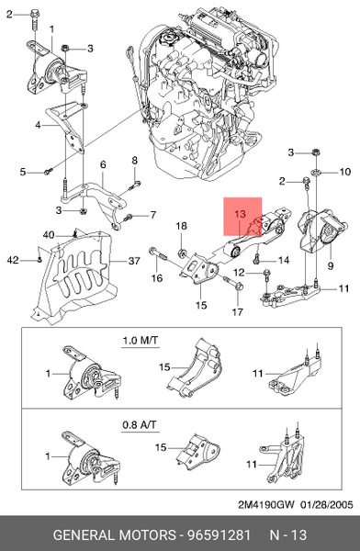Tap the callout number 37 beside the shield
[x=134, y=261]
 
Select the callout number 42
[x=12, y=261]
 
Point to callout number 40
[x=49, y=235]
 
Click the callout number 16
[x=157, y=278]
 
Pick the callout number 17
[x=236, y=311]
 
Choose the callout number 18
[x=181, y=226]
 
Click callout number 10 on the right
[x=344, y=172]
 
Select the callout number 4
[x=38, y=125]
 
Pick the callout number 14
[x=283, y=261]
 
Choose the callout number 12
[x=238, y=272]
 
